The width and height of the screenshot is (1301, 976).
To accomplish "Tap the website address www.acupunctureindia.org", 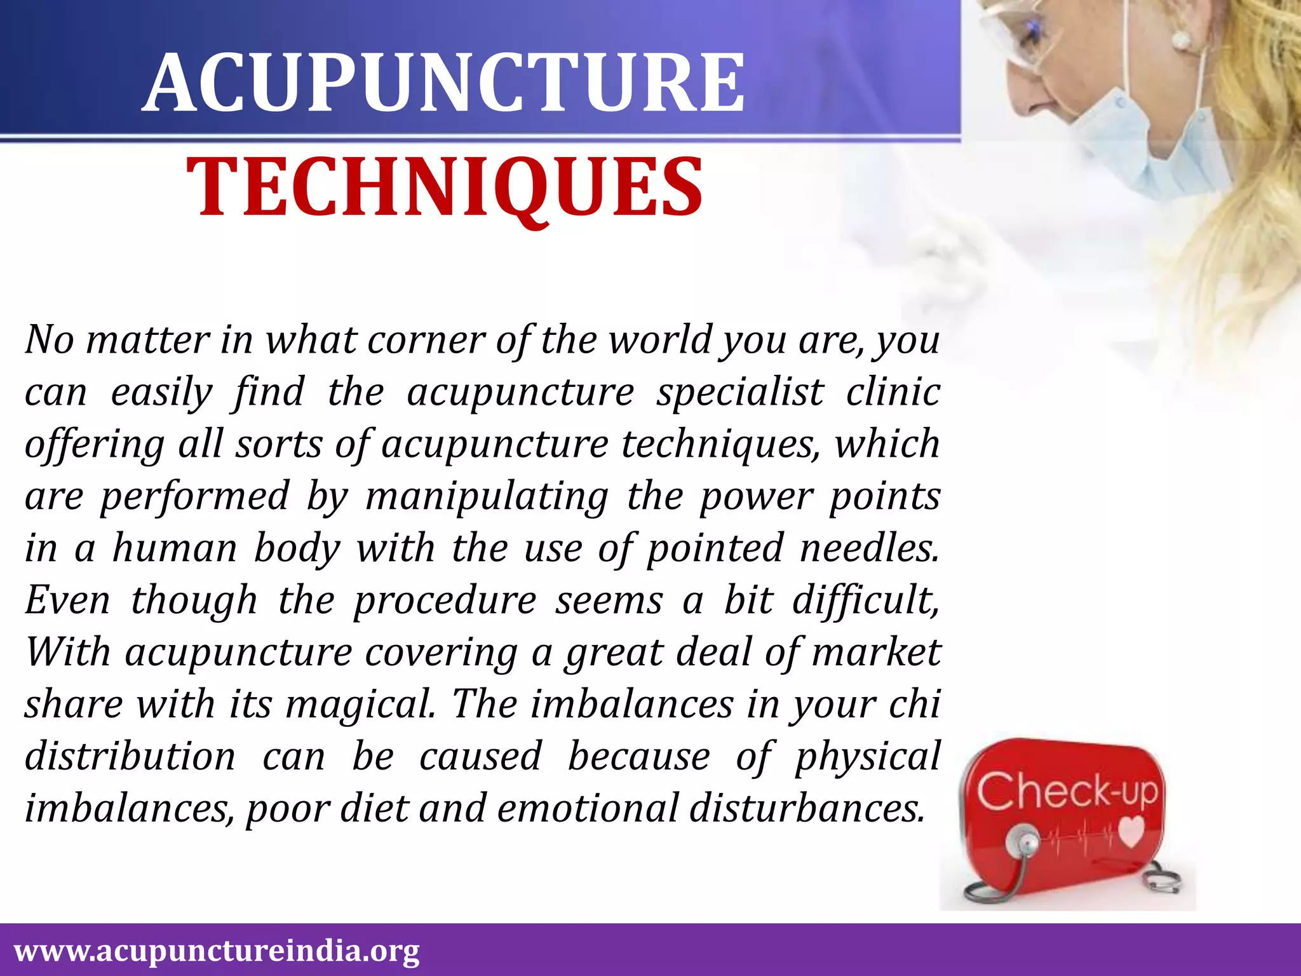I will click(x=217, y=951).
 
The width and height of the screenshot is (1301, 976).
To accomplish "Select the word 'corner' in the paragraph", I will click(x=426, y=341).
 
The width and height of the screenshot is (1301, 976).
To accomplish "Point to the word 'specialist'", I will click(x=740, y=393).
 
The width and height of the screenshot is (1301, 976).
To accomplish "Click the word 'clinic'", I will click(x=893, y=392).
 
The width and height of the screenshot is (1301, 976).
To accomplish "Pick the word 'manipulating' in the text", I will click(x=487, y=497).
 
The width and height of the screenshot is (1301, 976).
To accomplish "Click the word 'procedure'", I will click(x=445, y=601).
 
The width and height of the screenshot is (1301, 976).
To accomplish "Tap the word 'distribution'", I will click(x=130, y=757).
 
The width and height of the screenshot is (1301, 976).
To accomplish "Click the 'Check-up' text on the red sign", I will click(x=1067, y=792).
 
